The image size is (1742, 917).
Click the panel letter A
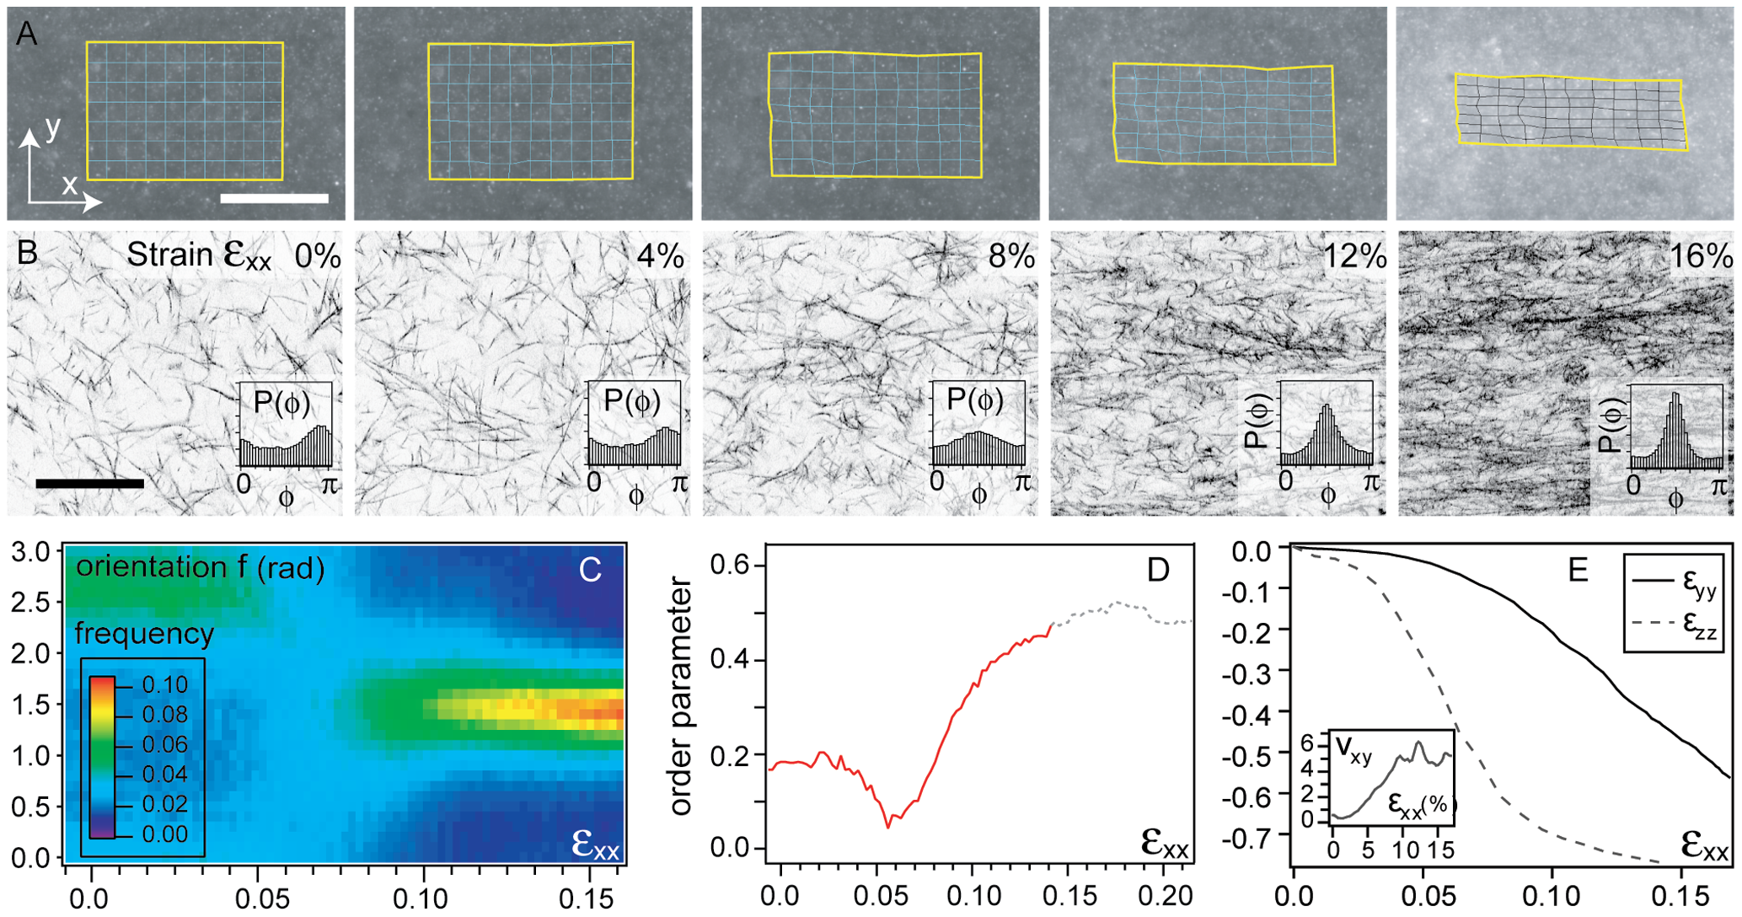tap(27, 35)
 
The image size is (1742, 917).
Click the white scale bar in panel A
tap(274, 199)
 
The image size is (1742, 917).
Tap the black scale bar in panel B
tap(90, 484)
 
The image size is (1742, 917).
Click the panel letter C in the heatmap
tap(590, 571)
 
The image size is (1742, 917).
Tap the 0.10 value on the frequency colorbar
tap(165, 685)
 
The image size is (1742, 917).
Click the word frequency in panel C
tap(144, 633)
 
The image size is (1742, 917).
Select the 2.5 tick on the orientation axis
tap(31, 603)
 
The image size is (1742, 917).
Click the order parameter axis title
tap(681, 697)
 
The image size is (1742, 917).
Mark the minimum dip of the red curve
tap(887, 827)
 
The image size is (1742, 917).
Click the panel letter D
tap(1159, 571)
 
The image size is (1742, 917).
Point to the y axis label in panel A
tap(53, 128)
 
